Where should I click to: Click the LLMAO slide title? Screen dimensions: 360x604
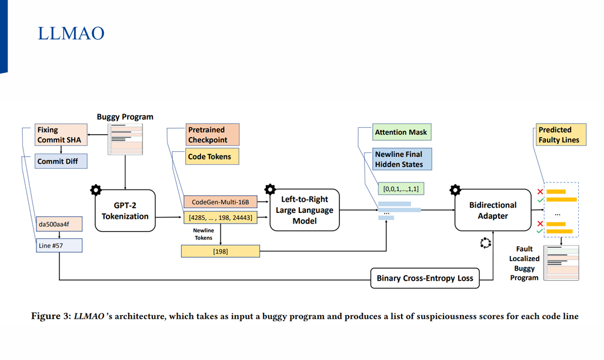coord(71,34)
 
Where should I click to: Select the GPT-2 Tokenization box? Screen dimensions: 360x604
coord(125,210)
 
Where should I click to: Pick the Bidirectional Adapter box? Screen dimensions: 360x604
coord(492,210)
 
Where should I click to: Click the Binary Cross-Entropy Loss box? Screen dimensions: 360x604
coord(425,278)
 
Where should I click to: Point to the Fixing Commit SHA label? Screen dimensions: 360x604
coord(59,135)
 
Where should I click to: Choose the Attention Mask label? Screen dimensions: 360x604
coord(401,132)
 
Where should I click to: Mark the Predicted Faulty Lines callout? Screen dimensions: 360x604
coord(562,135)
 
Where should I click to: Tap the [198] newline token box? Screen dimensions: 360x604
coord(220,252)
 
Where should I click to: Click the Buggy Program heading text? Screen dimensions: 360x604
coord(125,116)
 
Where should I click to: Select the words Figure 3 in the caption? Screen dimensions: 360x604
coord(49,316)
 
